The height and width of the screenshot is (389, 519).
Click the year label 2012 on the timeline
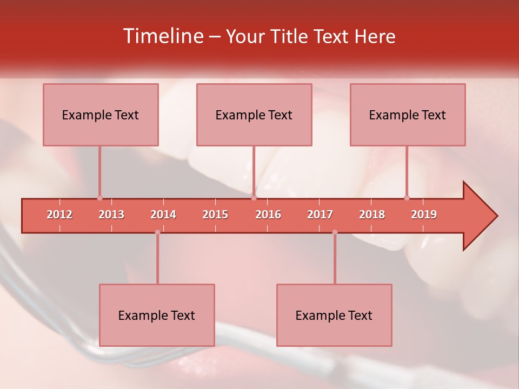tap(59, 214)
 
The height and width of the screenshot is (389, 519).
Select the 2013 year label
tap(111, 214)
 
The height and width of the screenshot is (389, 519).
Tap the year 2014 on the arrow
tap(163, 214)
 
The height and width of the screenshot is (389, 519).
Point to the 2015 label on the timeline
tap(215, 214)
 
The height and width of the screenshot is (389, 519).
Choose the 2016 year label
tap(268, 214)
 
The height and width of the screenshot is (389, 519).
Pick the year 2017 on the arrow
tap(320, 214)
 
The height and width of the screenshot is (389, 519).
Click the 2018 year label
tap(372, 214)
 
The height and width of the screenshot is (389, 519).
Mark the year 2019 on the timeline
tap(424, 214)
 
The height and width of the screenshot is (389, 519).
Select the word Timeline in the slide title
tap(162, 36)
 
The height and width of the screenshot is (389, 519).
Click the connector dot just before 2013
tap(99, 198)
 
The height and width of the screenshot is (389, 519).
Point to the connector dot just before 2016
tap(254, 198)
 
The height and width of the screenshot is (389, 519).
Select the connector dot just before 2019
tap(407, 198)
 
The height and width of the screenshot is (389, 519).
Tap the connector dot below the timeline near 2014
tap(157, 232)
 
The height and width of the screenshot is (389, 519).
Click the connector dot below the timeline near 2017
tap(335, 232)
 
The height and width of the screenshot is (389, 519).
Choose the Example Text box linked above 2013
tap(101, 115)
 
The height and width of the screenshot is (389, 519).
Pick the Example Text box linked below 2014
tap(157, 315)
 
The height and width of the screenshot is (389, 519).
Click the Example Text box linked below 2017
tap(334, 315)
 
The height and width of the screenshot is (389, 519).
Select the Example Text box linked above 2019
tap(408, 115)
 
